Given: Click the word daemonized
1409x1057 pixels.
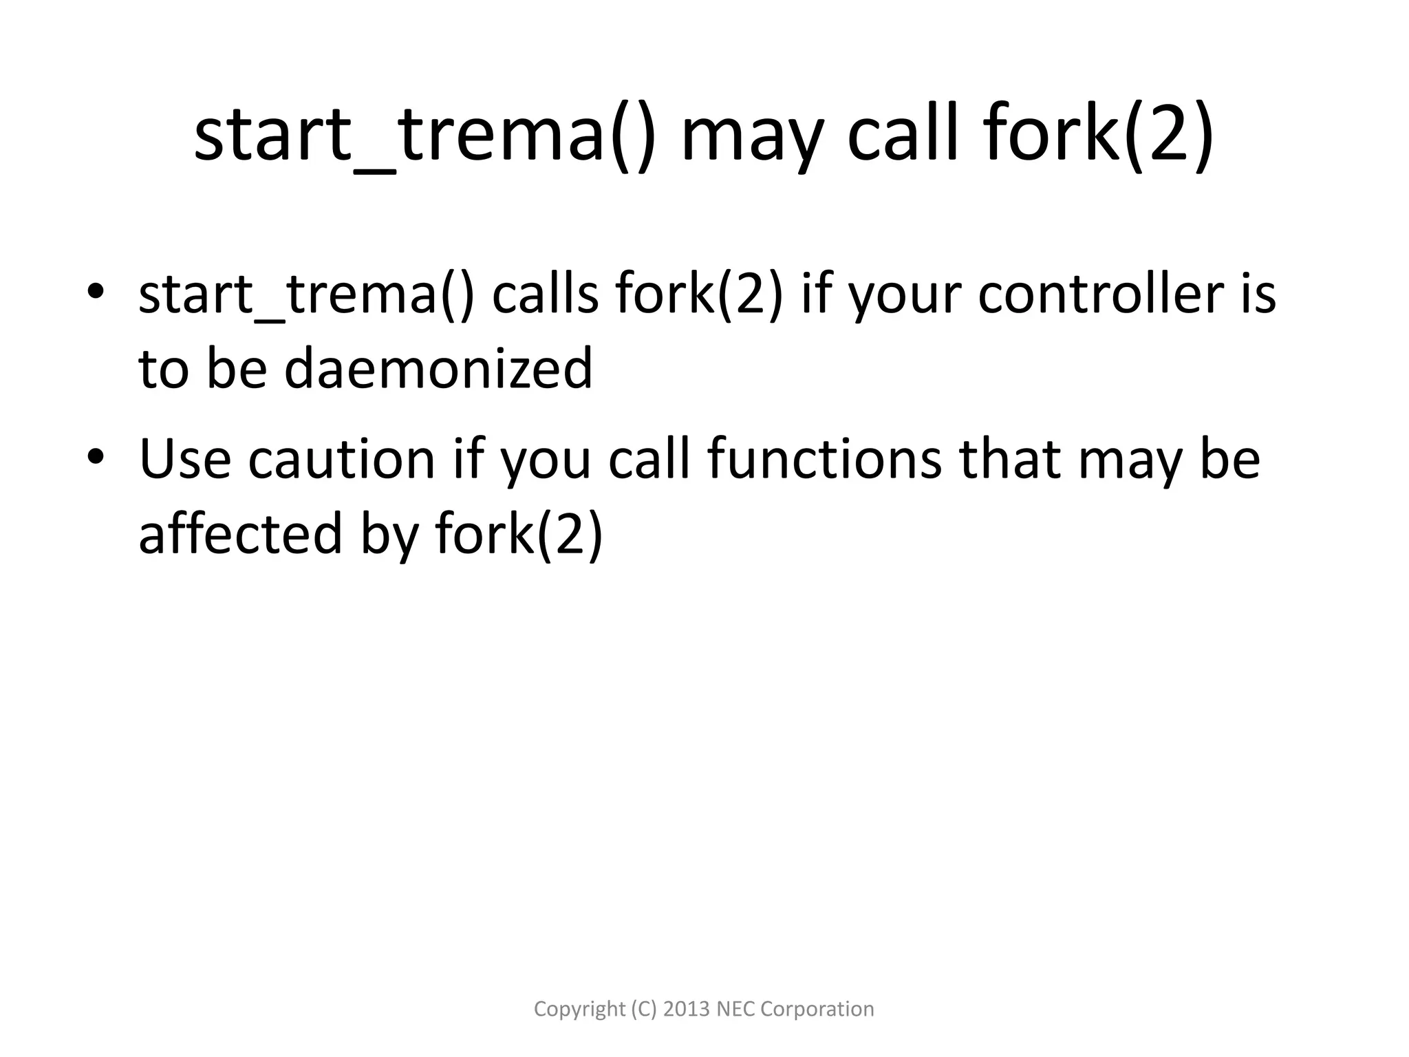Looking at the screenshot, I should pos(438,368).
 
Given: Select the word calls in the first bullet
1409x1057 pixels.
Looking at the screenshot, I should pos(546,295).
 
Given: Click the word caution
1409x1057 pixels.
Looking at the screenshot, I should pos(342,459).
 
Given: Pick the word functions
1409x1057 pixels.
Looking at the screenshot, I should pos(824,459).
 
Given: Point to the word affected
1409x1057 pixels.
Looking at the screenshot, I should pos(240,533).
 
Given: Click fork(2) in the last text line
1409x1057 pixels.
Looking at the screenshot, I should pos(519,533).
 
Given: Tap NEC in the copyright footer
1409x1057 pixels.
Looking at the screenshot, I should pos(735,1009).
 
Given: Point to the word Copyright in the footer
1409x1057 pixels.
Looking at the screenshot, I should pos(579,1009).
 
